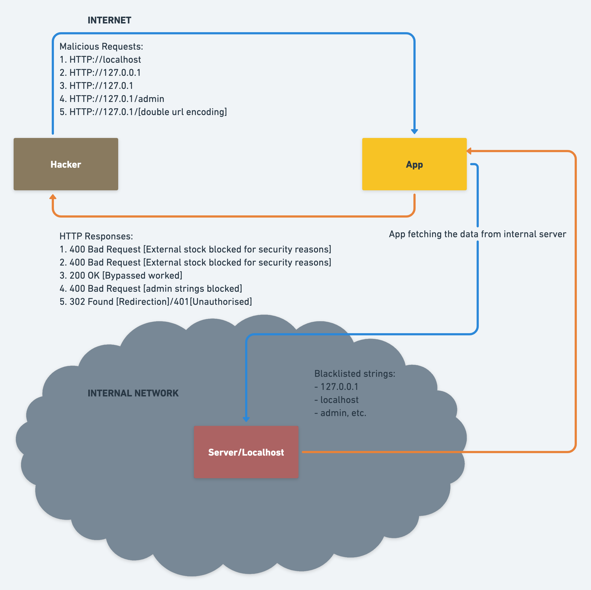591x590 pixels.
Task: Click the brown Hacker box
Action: (66, 164)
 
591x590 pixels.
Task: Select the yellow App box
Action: (414, 164)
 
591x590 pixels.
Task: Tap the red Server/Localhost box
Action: (246, 452)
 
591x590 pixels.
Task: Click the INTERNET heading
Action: (109, 20)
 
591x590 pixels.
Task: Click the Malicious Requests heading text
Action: (101, 47)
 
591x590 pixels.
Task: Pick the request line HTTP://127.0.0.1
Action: (100, 73)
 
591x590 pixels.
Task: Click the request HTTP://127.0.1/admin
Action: (112, 99)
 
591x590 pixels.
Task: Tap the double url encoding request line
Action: (143, 112)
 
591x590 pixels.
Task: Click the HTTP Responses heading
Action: (96, 236)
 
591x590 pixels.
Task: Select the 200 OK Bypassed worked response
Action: (121, 276)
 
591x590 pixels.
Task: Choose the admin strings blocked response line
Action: (151, 289)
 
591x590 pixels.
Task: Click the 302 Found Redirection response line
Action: (156, 302)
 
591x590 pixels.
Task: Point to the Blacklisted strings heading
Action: (355, 374)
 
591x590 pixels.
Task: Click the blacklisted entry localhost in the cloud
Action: (337, 400)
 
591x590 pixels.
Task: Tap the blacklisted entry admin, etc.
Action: (340, 413)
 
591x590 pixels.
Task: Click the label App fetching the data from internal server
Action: (477, 234)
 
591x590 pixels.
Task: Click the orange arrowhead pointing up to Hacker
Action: (53, 197)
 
